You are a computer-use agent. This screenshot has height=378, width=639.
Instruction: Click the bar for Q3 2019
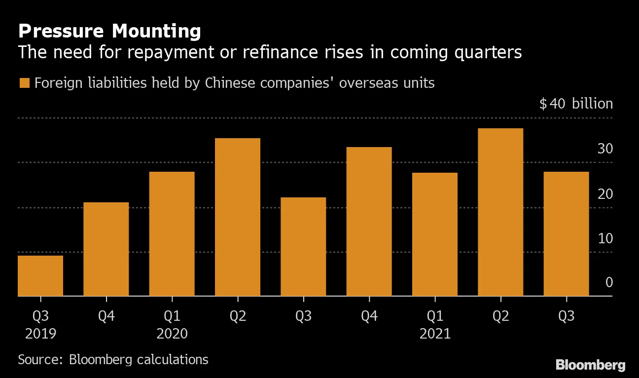pyautogui.click(x=40, y=276)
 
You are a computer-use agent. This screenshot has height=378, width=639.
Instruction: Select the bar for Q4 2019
pyautogui.click(x=106, y=249)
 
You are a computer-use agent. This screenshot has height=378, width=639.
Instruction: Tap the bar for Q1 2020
pyautogui.click(x=172, y=234)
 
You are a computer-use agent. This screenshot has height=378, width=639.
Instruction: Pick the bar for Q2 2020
pyautogui.click(x=238, y=217)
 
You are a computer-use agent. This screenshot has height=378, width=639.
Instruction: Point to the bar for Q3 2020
pyautogui.click(x=303, y=247)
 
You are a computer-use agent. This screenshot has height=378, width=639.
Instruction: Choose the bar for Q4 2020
pyautogui.click(x=369, y=222)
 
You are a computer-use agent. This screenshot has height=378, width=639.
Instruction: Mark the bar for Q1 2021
pyautogui.click(x=435, y=234)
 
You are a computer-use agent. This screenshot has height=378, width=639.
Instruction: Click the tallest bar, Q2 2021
pyautogui.click(x=500, y=212)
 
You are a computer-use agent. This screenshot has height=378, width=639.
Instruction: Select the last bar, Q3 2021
pyautogui.click(x=566, y=234)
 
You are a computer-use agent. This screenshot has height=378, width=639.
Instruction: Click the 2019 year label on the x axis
pyautogui.click(x=40, y=334)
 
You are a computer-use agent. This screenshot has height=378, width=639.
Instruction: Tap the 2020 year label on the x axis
pyautogui.click(x=172, y=334)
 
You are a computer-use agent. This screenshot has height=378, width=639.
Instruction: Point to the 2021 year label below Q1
pyautogui.click(x=435, y=334)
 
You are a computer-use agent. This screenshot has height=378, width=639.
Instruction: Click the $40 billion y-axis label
pyautogui.click(x=576, y=104)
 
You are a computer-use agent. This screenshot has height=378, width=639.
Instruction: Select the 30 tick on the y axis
pyautogui.click(x=605, y=149)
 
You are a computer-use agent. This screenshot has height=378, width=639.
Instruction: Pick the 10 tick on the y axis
pyautogui.click(x=605, y=238)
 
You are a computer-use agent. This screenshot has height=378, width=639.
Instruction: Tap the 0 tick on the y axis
pyautogui.click(x=609, y=283)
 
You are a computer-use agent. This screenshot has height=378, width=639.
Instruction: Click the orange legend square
pyautogui.click(x=24, y=83)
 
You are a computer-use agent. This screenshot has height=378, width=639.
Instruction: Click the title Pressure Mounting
pyautogui.click(x=109, y=32)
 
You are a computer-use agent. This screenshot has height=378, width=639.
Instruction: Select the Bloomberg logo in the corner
pyautogui.click(x=590, y=365)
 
